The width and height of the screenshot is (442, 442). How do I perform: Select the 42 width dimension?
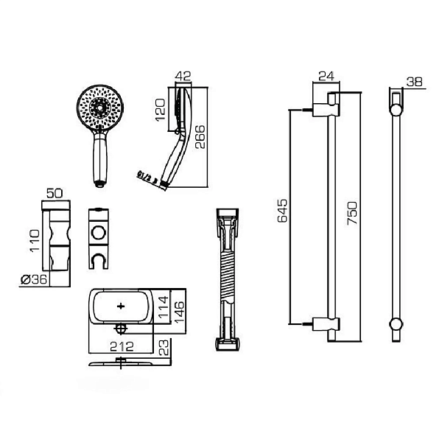(x=183, y=76)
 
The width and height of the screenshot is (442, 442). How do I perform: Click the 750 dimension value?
(x=353, y=213)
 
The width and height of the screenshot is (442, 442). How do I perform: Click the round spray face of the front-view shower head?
(x=99, y=110)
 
